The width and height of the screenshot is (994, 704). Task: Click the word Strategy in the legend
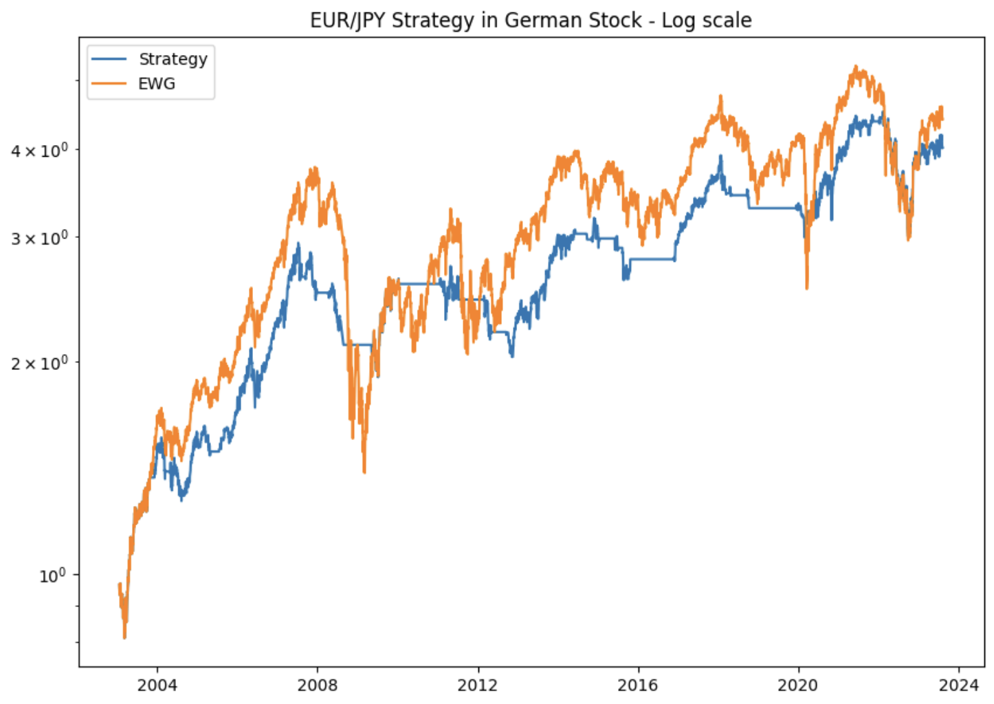[x=173, y=59]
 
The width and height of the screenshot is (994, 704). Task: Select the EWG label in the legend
[x=157, y=84]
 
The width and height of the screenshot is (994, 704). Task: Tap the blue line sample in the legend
[x=109, y=59]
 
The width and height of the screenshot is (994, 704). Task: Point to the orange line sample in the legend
[x=109, y=84]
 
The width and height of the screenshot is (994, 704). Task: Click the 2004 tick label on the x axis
[x=157, y=685]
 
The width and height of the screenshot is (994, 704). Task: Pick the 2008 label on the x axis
[x=318, y=685]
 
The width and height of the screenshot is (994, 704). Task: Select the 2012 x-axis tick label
[x=478, y=685]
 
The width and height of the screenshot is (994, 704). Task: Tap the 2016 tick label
[x=638, y=685]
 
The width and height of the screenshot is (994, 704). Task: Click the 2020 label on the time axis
[x=798, y=685]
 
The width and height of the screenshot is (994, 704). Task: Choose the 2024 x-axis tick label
[x=959, y=685]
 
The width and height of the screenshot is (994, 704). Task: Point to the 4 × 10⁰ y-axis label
[x=40, y=150]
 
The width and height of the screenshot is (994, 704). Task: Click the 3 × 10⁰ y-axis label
[x=40, y=238]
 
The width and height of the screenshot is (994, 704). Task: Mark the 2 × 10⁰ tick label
[x=40, y=362]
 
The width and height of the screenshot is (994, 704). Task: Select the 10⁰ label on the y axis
[x=52, y=575]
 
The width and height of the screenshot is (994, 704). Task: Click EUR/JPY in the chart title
[x=347, y=21]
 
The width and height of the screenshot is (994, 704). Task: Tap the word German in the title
[x=538, y=21]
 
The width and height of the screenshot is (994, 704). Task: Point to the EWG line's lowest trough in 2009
[x=364, y=472]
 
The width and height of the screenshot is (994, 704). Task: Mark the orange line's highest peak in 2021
[x=856, y=67]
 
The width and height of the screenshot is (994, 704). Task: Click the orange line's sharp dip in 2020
[x=807, y=288]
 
